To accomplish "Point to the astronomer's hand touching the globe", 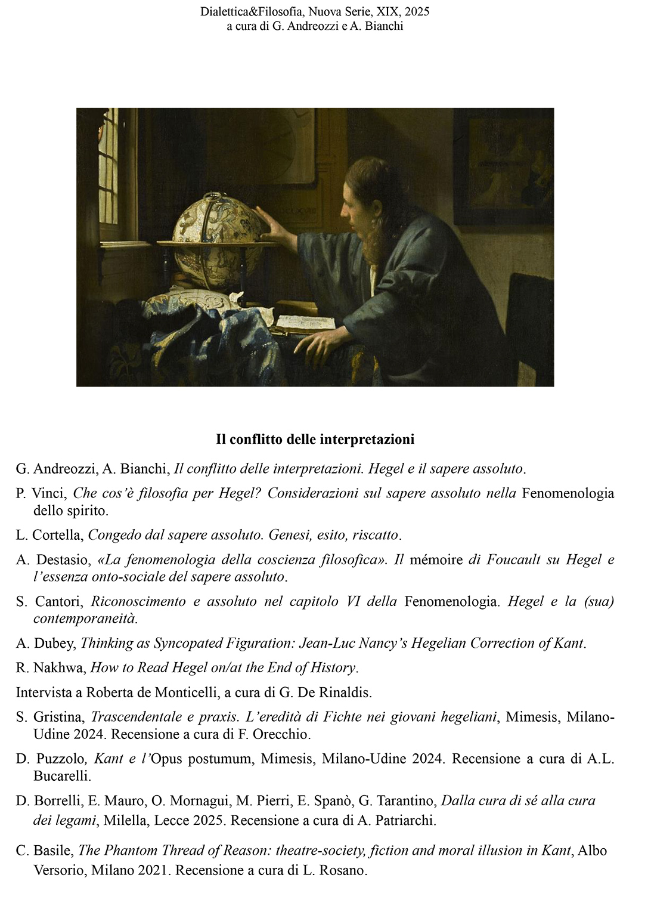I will [x=271, y=224].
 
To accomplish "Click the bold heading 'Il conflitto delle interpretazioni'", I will [x=315, y=440].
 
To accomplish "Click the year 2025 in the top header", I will [x=416, y=11].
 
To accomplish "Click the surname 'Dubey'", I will [x=58, y=644].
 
